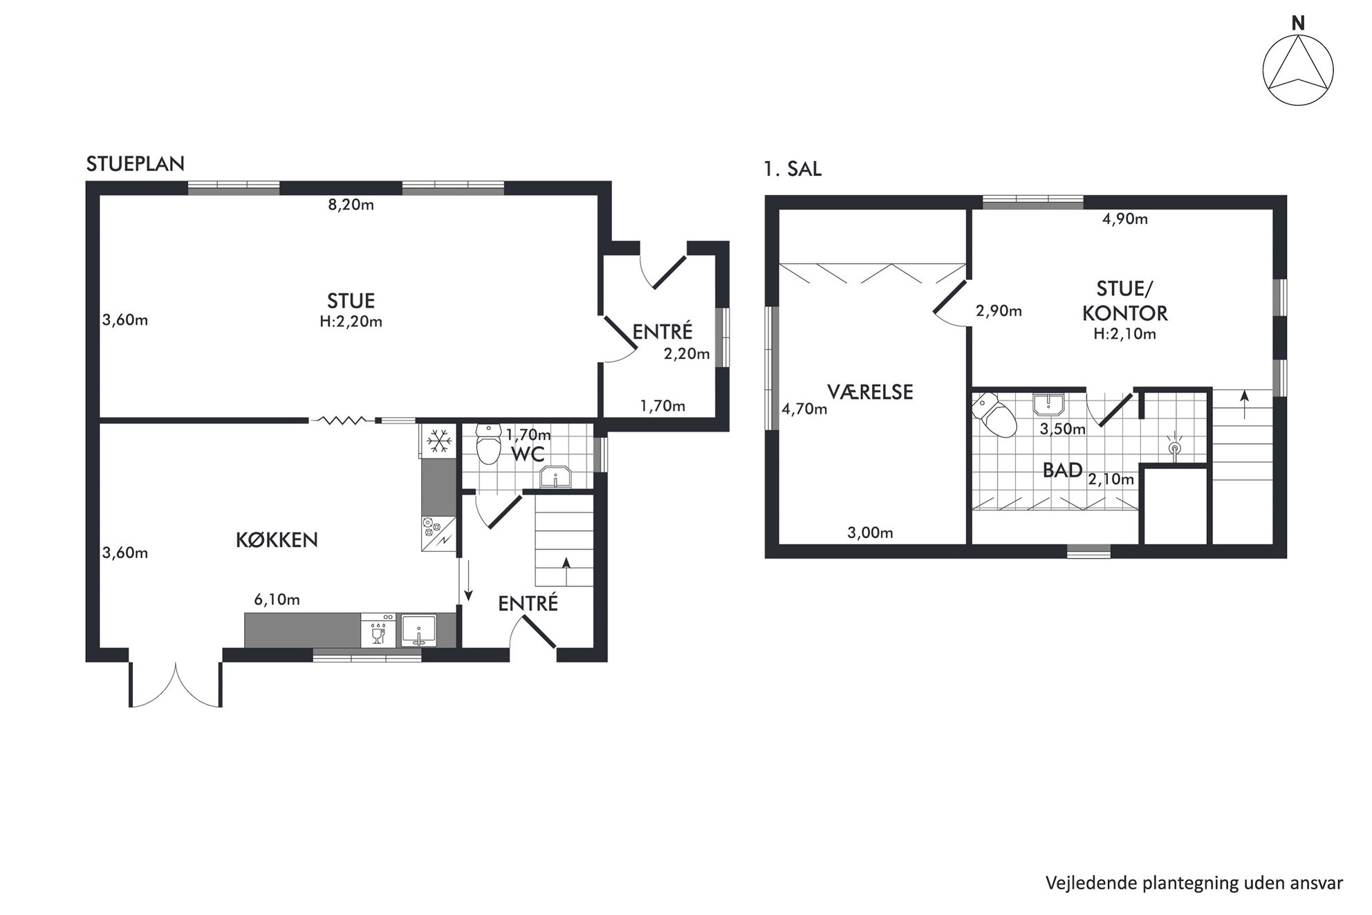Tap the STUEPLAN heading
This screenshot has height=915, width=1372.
136,164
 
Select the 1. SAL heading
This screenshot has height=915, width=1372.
792,169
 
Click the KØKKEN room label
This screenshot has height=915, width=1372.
277,540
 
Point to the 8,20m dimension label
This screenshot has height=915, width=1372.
351,205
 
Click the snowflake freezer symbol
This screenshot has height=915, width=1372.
438,441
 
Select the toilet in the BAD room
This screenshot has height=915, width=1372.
993,415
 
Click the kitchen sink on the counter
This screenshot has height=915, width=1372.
419,630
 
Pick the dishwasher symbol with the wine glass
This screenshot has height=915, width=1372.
378,630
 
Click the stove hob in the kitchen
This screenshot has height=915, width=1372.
438,533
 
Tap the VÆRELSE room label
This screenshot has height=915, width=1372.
870,392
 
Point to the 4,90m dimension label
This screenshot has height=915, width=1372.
1124,219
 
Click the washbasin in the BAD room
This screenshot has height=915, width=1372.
1049,404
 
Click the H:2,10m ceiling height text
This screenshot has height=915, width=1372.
1124,334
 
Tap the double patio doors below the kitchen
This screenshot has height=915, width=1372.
176,685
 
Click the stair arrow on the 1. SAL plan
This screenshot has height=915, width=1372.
1245,405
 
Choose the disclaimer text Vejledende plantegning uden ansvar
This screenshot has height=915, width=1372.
1194,883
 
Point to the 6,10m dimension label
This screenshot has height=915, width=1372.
277,600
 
